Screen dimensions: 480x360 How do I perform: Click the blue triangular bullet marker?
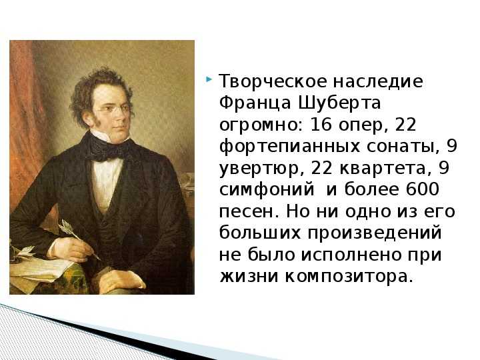click(x=209, y=80)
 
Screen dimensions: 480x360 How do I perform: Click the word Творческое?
click(x=273, y=82)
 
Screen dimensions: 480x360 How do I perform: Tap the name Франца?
click(x=255, y=104)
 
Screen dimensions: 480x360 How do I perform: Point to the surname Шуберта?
click(x=339, y=104)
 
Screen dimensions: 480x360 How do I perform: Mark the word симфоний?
click(x=267, y=190)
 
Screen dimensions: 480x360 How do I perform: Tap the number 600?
click(x=423, y=189)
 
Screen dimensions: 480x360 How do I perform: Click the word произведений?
click(x=375, y=233)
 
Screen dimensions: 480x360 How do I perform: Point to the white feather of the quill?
click(x=69, y=229)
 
